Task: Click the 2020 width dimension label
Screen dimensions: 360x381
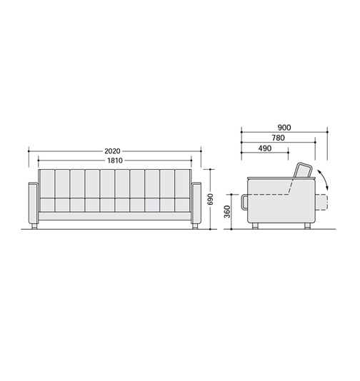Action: pyautogui.click(x=112, y=151)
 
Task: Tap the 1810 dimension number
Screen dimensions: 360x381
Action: pyautogui.click(x=115, y=161)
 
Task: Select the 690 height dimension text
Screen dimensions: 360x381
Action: pyautogui.click(x=211, y=199)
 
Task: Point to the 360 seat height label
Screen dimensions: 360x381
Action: pyautogui.click(x=227, y=211)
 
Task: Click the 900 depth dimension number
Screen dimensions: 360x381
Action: pyautogui.click(x=284, y=128)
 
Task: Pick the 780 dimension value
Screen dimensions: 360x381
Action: pyautogui.click(x=279, y=138)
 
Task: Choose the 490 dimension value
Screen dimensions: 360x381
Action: pyautogui.click(x=265, y=148)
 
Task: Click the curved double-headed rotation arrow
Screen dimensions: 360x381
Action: pyautogui.click(x=324, y=179)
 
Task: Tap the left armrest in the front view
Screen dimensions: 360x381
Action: pyautogui.click(x=34, y=203)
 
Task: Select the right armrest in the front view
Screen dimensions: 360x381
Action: pyautogui.click(x=196, y=203)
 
